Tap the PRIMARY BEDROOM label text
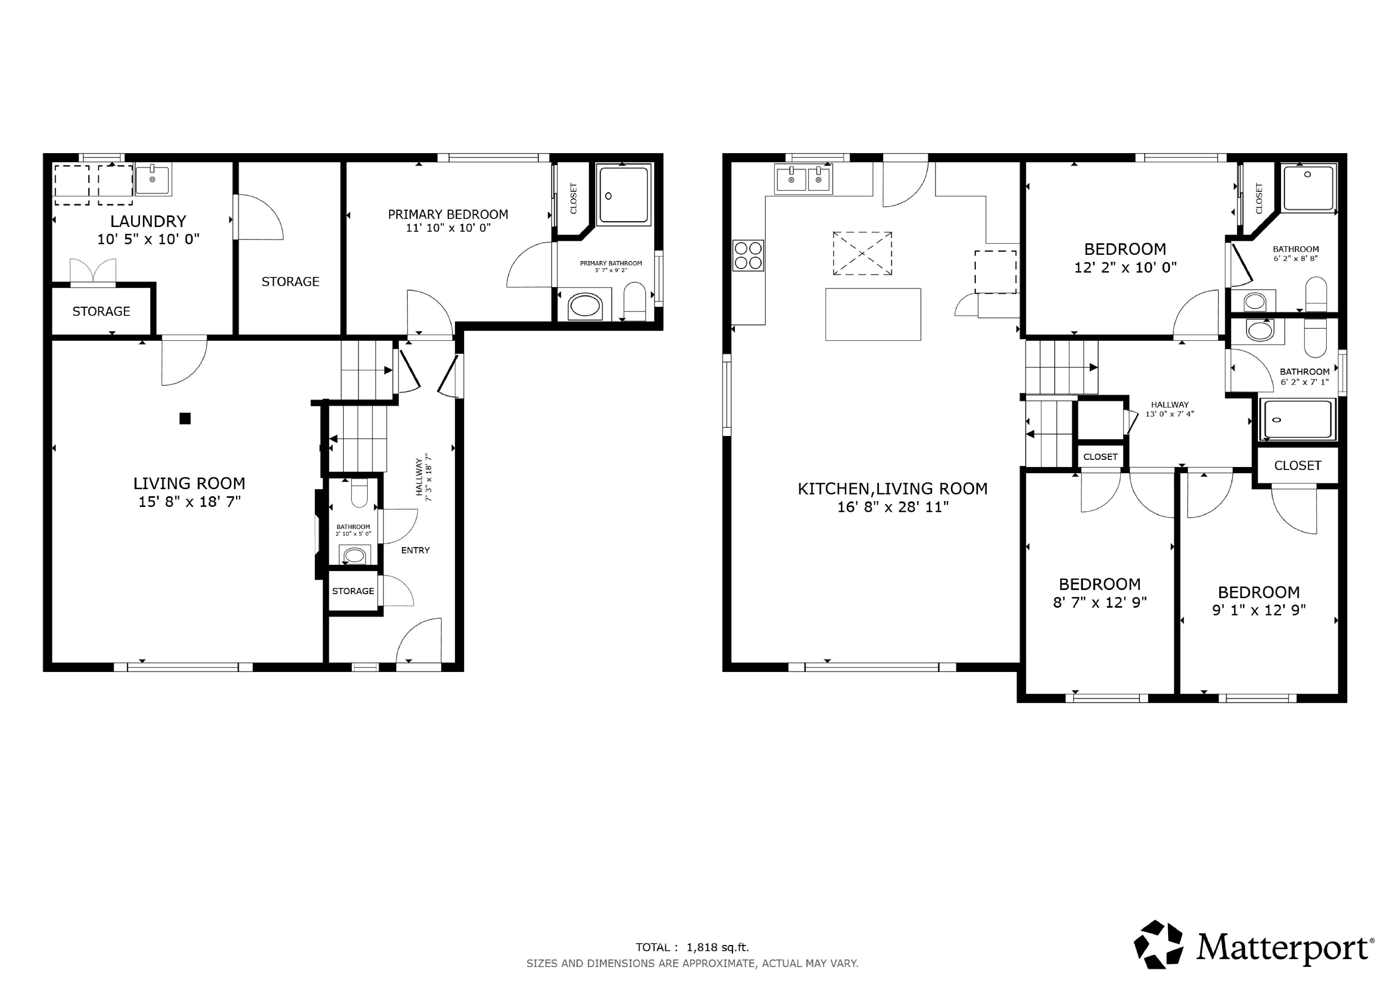[448, 214]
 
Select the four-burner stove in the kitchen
[748, 255]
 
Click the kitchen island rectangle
[873, 314]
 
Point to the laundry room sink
[152, 179]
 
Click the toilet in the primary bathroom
[635, 301]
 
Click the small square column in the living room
[185, 418]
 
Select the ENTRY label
[415, 550]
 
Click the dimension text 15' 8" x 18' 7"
[189, 501]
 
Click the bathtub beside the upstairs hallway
[1297, 419]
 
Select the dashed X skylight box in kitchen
[862, 253]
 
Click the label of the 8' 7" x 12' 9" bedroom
[1100, 584]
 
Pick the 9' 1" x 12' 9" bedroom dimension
[1259, 610]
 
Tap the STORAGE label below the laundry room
[101, 311]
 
